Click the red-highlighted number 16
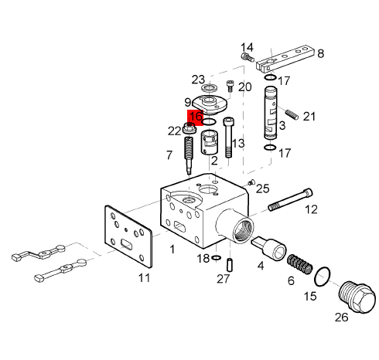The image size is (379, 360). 196,117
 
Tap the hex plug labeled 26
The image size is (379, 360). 357,297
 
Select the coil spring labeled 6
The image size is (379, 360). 300,264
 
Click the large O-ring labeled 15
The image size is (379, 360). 323,277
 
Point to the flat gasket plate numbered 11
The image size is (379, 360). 128,236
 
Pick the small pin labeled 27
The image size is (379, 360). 230,265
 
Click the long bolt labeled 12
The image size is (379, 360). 290,199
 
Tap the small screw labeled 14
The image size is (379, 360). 248,56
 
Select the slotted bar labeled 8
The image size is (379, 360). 285,59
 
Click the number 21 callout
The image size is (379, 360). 309,117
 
